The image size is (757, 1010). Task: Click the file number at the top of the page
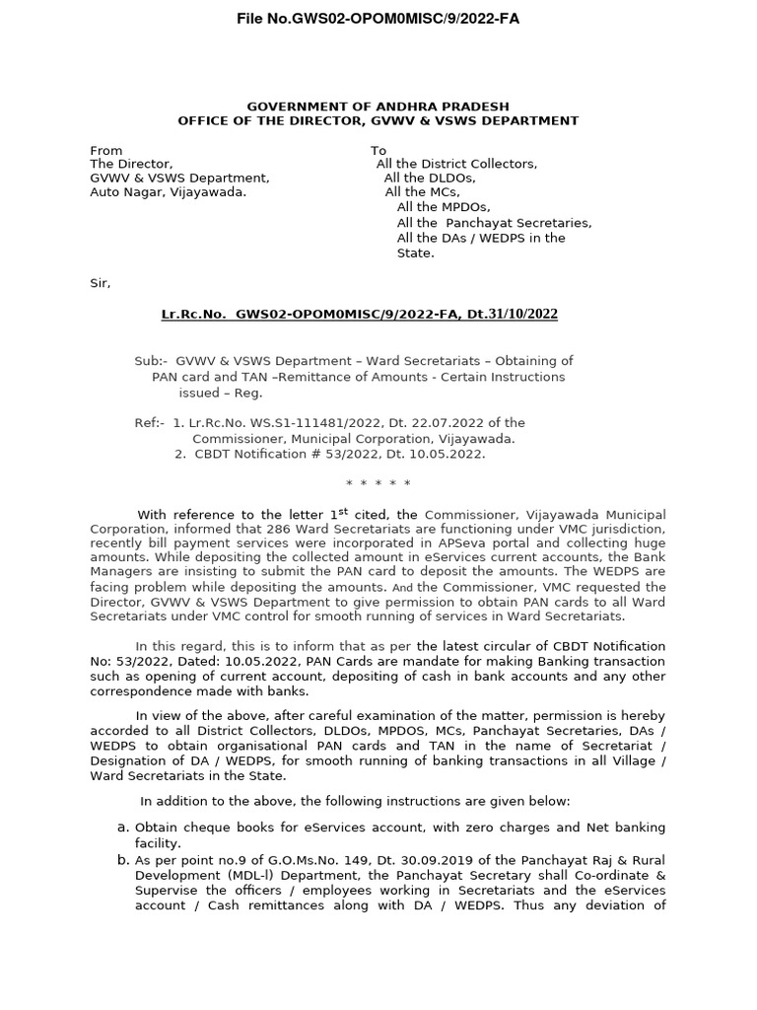click(378, 19)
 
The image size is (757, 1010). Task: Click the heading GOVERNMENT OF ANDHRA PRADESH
click(378, 106)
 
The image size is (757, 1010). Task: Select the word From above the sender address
click(106, 150)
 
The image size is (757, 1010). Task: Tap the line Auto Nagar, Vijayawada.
click(169, 192)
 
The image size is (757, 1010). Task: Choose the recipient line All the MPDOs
click(443, 207)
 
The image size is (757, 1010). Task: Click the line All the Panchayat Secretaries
click(494, 223)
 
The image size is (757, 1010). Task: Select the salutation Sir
click(101, 283)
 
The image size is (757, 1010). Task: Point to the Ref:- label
click(150, 423)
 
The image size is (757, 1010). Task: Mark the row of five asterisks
click(378, 483)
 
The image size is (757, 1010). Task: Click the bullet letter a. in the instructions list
click(123, 828)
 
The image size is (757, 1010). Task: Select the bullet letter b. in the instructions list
click(123, 860)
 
